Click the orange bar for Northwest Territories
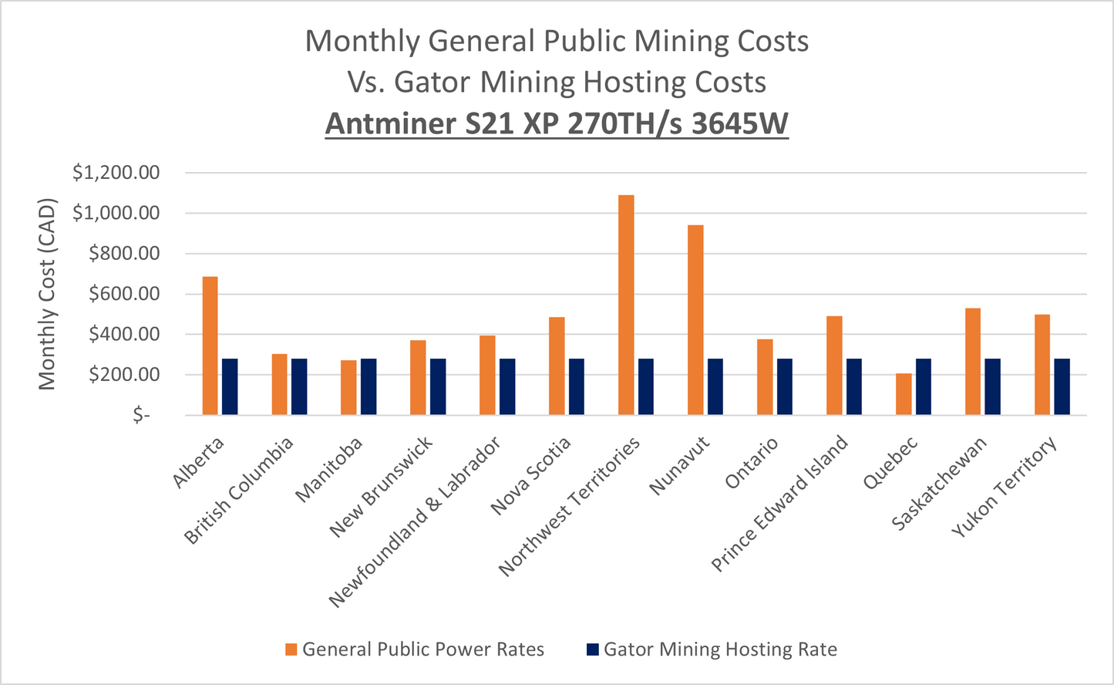click(626, 305)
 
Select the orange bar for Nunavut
click(695, 320)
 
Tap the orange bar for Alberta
click(210, 346)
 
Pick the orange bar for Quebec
click(904, 394)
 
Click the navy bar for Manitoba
click(369, 386)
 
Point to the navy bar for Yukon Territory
click(1062, 386)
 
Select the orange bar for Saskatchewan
click(973, 361)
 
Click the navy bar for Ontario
click(785, 386)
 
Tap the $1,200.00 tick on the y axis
click(116, 173)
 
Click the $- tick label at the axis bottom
click(141, 415)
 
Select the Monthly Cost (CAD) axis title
click(48, 294)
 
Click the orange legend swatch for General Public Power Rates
click(291, 650)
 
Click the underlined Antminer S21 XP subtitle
click(557, 123)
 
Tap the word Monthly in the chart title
click(362, 41)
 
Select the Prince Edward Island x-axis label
click(779, 504)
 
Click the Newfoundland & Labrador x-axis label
click(415, 521)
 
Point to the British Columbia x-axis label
click(239, 491)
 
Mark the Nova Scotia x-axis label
click(531, 475)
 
